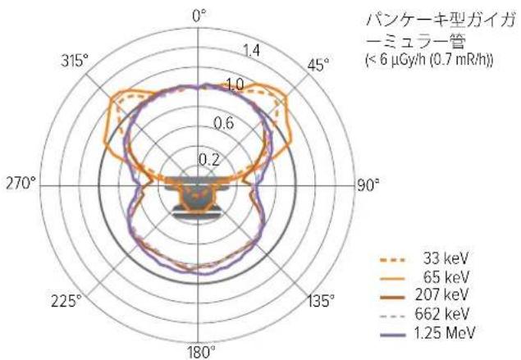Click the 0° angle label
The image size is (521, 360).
click(199, 16)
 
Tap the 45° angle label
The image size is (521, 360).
click(318, 65)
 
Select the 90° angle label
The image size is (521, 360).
click(368, 185)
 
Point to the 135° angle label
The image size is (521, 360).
click(320, 301)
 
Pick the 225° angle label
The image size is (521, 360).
click(66, 301)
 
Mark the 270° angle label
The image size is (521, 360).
click(21, 183)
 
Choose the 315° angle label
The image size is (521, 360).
click(75, 62)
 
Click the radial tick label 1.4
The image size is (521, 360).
click(251, 51)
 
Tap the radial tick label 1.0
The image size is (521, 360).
click(235, 85)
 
